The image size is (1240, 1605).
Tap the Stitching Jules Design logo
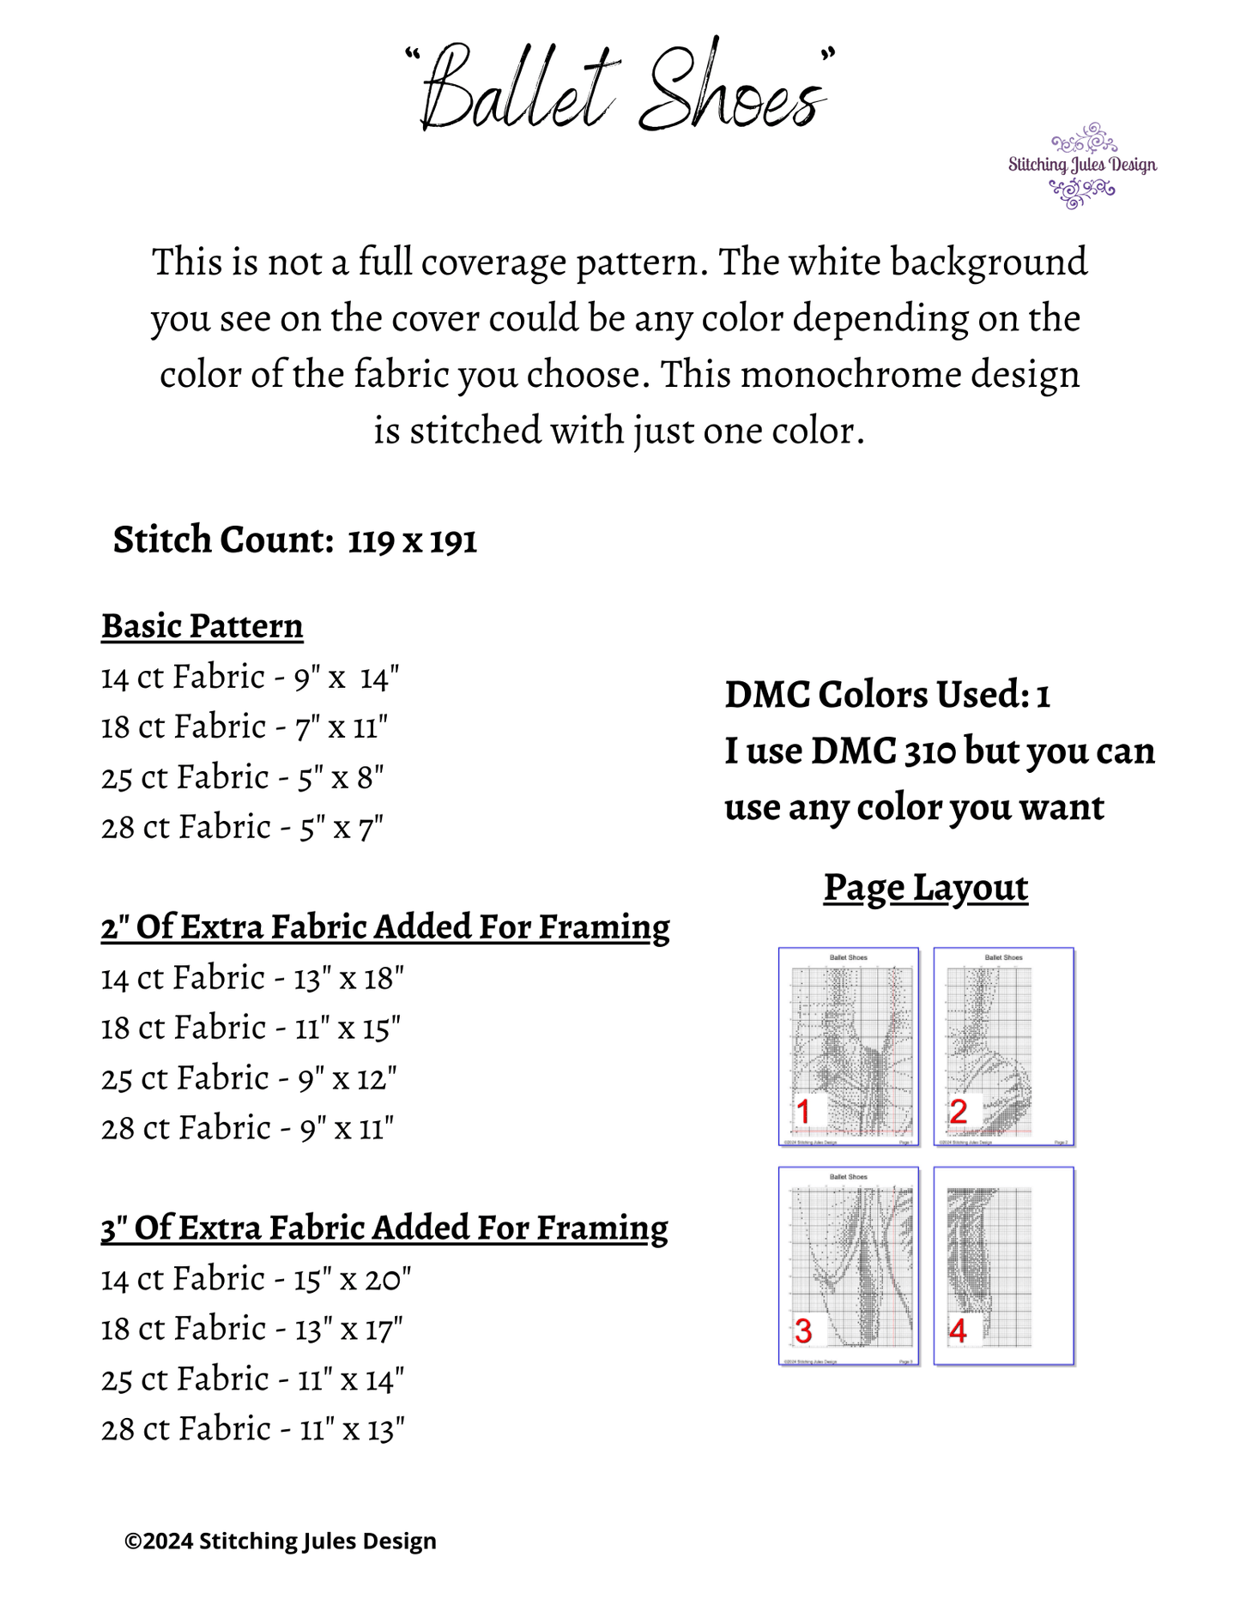pos(1081,166)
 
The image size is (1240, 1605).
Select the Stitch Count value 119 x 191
pos(412,541)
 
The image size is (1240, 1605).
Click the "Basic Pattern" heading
pos(203,626)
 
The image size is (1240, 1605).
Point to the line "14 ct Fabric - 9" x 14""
pos(250,678)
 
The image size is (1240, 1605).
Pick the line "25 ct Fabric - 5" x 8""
pos(242,778)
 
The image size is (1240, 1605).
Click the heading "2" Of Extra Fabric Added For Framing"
pos(385,927)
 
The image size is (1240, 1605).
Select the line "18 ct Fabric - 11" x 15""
pos(251,1028)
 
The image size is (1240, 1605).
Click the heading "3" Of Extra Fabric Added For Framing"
pos(384,1228)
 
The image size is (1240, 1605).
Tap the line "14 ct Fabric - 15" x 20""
pos(256,1279)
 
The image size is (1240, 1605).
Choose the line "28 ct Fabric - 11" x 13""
pos(252,1429)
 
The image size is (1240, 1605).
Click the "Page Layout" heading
pos(926,888)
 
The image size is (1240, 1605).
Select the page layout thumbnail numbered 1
pos(849,1047)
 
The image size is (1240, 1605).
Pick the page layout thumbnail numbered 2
pos(1004,1047)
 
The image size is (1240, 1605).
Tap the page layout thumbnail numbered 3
pos(849,1266)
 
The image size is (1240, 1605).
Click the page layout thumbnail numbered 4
pos(1004,1266)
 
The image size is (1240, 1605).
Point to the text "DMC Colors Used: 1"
pos(887,695)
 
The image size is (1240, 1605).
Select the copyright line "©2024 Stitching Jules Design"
pos(281,1542)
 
